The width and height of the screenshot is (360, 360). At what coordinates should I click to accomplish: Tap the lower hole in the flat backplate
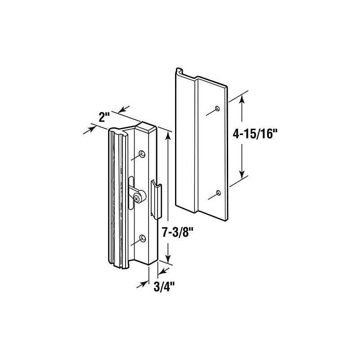218,193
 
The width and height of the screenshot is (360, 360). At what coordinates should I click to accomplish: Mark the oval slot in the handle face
131,193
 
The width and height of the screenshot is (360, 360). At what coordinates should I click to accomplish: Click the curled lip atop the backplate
179,72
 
